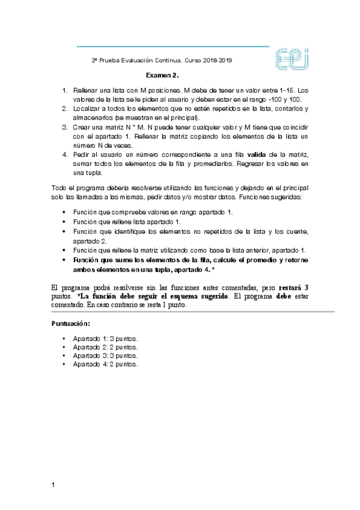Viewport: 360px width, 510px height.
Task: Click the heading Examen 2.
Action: [x=163, y=76]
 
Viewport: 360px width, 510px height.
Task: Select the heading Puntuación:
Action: [x=72, y=324]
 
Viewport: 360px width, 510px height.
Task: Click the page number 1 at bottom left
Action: [x=53, y=485]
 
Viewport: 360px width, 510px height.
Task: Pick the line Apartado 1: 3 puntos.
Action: [x=105, y=339]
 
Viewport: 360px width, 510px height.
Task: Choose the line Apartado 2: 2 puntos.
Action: [x=105, y=347]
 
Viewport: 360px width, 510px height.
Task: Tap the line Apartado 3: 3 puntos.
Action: [x=105, y=355]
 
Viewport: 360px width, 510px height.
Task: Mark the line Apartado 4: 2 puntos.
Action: [x=105, y=364]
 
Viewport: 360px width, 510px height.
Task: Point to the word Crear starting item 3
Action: [x=82, y=127]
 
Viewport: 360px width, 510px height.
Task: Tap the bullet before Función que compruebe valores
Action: [x=64, y=213]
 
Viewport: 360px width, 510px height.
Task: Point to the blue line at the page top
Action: [x=173, y=46]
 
